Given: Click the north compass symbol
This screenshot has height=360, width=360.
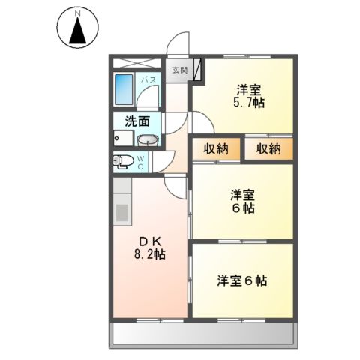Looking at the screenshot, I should [76, 29].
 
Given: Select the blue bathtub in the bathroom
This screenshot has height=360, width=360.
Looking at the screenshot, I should [124, 89].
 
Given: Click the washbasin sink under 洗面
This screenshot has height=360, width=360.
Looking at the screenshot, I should [147, 139].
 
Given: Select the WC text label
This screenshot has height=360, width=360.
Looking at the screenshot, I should [140, 162].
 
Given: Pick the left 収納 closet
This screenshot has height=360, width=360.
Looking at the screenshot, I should [216, 148].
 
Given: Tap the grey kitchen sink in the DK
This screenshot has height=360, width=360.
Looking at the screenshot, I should [121, 213].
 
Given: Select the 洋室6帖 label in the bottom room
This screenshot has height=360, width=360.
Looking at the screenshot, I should [242, 281].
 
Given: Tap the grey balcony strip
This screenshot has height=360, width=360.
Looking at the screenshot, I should [202, 334].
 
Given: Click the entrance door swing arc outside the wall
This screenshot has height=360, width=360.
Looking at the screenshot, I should [178, 46].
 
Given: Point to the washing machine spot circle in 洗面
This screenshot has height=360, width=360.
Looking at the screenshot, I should [117, 137].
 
